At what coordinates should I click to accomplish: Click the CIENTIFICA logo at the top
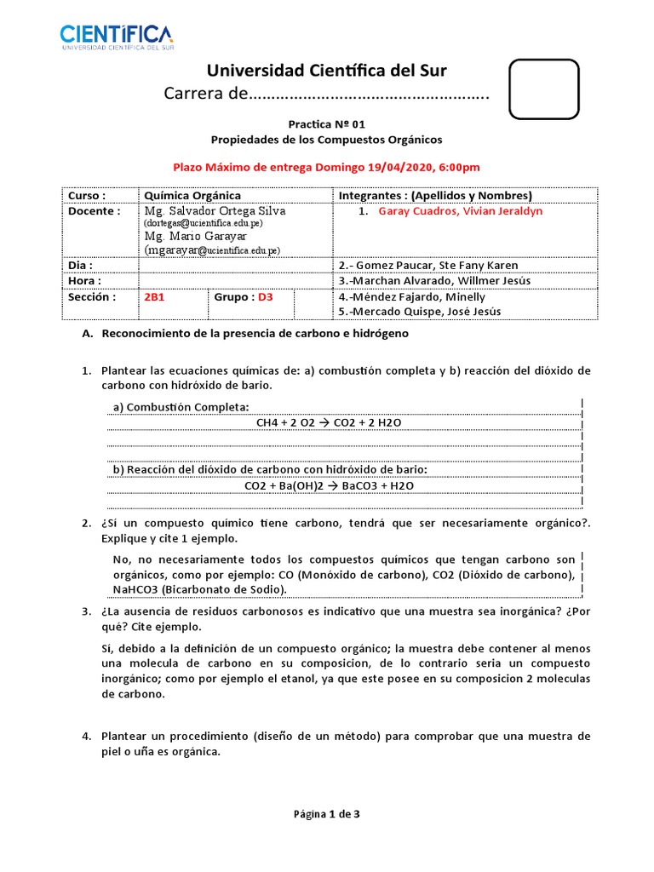[116, 37]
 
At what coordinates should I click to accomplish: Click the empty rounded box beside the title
[543, 89]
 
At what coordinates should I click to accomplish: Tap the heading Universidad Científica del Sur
[327, 70]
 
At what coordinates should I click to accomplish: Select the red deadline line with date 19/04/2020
[327, 168]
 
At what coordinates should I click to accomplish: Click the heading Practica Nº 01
[327, 123]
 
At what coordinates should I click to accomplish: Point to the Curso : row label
[87, 195]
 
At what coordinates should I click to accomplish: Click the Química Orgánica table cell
[192, 195]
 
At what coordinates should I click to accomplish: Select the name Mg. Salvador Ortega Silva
[215, 210]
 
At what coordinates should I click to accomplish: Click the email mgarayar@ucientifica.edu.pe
[214, 250]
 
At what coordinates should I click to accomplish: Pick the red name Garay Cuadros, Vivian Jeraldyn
[460, 211]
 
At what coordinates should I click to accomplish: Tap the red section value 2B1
[154, 297]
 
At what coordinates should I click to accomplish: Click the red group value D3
[266, 297]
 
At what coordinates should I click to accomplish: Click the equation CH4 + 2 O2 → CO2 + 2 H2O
[341, 422]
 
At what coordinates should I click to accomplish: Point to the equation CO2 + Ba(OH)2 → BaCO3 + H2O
[329, 485]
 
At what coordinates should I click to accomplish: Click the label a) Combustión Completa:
[181, 407]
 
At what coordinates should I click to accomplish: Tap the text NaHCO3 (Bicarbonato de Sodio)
[200, 589]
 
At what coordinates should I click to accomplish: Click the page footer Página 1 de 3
[327, 814]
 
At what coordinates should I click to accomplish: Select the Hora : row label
[85, 280]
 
